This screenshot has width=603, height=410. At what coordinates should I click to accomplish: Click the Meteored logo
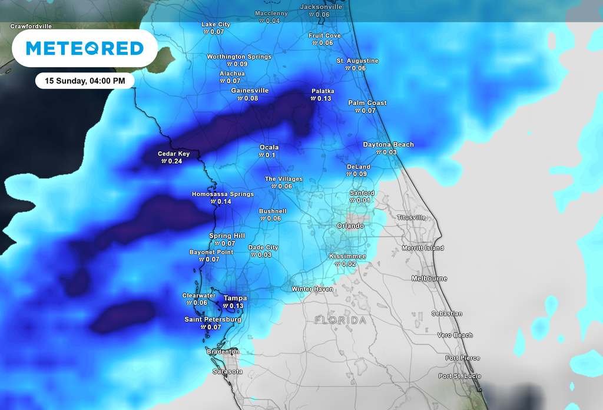pyautogui.click(x=85, y=48)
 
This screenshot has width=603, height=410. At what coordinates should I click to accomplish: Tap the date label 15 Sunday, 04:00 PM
pyautogui.click(x=85, y=81)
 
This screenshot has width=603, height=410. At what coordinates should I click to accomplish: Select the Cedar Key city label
pyautogui.click(x=174, y=154)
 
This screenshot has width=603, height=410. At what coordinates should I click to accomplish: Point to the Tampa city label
pyautogui.click(x=235, y=298)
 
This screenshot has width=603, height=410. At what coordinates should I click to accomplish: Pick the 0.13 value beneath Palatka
pyautogui.click(x=324, y=98)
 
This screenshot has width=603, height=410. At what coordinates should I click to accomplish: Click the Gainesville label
pyautogui.click(x=250, y=91)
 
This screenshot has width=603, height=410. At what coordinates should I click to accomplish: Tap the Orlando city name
pyautogui.click(x=350, y=226)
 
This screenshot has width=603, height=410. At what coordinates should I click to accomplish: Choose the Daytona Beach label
pyautogui.click(x=388, y=144)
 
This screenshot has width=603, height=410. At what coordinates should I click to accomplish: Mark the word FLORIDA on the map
pyautogui.click(x=340, y=320)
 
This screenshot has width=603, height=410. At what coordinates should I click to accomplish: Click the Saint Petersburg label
pyautogui.click(x=213, y=319)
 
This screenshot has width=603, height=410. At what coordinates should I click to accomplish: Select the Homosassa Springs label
pyautogui.click(x=223, y=194)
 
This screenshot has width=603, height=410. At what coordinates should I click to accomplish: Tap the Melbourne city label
pyautogui.click(x=429, y=278)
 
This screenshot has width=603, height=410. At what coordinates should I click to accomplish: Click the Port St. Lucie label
pyautogui.click(x=459, y=376)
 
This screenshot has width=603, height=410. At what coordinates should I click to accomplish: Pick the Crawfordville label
pyautogui.click(x=31, y=27)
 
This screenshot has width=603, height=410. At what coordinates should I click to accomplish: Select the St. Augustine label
pyautogui.click(x=357, y=61)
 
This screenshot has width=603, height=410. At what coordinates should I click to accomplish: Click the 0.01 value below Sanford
pyautogui.click(x=364, y=201)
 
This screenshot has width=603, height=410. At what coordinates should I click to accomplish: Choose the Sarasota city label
pyautogui.click(x=227, y=372)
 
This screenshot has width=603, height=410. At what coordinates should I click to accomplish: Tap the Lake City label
pyautogui.click(x=216, y=24)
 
